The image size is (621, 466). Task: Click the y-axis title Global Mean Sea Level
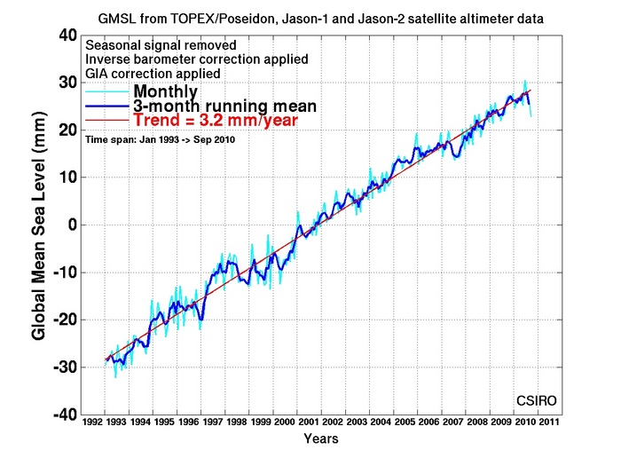pyautogui.click(x=40, y=225)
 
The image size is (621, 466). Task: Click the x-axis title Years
pyautogui.click(x=320, y=438)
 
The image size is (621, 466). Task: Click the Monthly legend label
pyautogui.click(x=165, y=91)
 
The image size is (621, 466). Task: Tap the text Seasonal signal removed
pyautogui.click(x=160, y=44)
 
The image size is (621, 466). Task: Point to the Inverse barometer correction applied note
pyautogui.click(x=196, y=59)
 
